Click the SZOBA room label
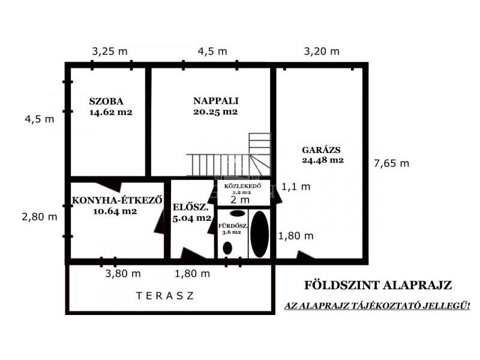pos(106,101)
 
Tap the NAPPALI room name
pos(216,101)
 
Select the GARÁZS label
pos(321,149)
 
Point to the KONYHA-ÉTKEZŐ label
pos(116,200)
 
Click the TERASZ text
pos(165,296)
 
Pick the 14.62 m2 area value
pos(111,112)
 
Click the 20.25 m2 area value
pos(215,112)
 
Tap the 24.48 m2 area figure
pos(323,160)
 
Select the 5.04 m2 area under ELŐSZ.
pos(192,218)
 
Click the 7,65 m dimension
pos(391,163)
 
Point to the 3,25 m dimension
pos(110,51)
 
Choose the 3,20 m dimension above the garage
pos(322,51)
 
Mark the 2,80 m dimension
pos(40,217)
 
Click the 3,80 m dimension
pos(123,274)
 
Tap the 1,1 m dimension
pos(296,187)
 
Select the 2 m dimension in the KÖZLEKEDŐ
pos(240,200)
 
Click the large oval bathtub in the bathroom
pos(260,234)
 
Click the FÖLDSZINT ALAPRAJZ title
pos(378,285)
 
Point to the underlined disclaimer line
pos(377,305)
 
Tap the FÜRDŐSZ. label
pos(233,226)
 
